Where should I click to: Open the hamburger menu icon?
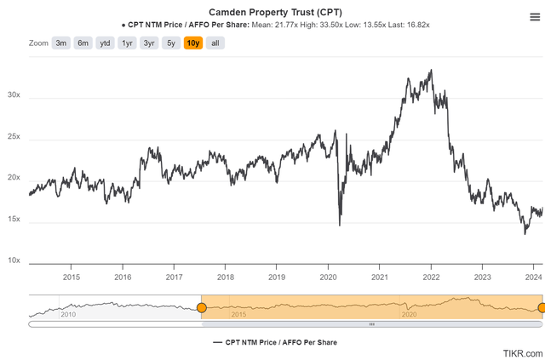pos(533,16)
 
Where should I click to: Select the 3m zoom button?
pos(61,43)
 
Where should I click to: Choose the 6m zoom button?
pos(83,43)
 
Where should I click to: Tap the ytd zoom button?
pos(105,43)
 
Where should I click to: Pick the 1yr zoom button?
pos(127,43)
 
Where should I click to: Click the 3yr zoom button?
pos(149,43)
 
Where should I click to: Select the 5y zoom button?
pos(171,43)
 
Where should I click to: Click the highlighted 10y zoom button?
pos(193,43)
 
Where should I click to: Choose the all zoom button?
pos(215,43)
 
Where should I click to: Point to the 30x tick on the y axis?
pos(14,96)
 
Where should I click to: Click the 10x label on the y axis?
pos(14,261)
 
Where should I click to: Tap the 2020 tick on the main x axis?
pos(329,277)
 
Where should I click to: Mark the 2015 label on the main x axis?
pos(72,277)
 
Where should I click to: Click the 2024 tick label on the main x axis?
pos(534,277)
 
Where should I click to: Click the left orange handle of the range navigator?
pos(202,307)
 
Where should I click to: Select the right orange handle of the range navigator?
pos(542,307)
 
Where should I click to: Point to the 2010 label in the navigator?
pos(69,315)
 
